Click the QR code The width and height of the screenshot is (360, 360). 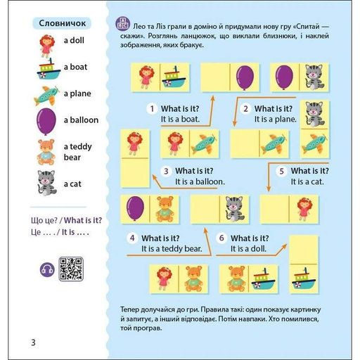point(71,269)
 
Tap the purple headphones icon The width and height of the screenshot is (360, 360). point(47,269)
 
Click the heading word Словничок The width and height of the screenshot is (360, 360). point(62,23)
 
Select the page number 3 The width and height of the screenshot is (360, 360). point(33,342)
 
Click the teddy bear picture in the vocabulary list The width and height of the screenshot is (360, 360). point(46,152)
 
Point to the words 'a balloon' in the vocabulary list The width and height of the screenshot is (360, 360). point(81,120)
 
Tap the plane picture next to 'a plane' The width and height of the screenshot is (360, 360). point(46,96)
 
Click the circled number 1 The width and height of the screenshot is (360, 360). point(152,109)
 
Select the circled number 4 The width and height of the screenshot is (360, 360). point(132,238)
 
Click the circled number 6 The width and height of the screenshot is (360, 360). point(221,238)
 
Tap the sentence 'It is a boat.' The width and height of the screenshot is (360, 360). point(180,120)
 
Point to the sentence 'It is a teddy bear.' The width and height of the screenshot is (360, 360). point(172,249)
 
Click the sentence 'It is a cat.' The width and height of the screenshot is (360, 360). point(307,181)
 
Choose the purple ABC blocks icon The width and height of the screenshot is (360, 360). point(122,24)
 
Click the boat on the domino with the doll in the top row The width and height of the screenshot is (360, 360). point(174,77)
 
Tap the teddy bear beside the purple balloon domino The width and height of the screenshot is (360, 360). point(165,209)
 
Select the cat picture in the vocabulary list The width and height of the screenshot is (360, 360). point(47,183)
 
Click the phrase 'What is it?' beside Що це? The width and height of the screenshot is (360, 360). point(83,220)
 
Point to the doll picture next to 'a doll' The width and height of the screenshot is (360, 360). point(47,46)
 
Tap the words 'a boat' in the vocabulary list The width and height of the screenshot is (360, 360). point(75,67)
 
